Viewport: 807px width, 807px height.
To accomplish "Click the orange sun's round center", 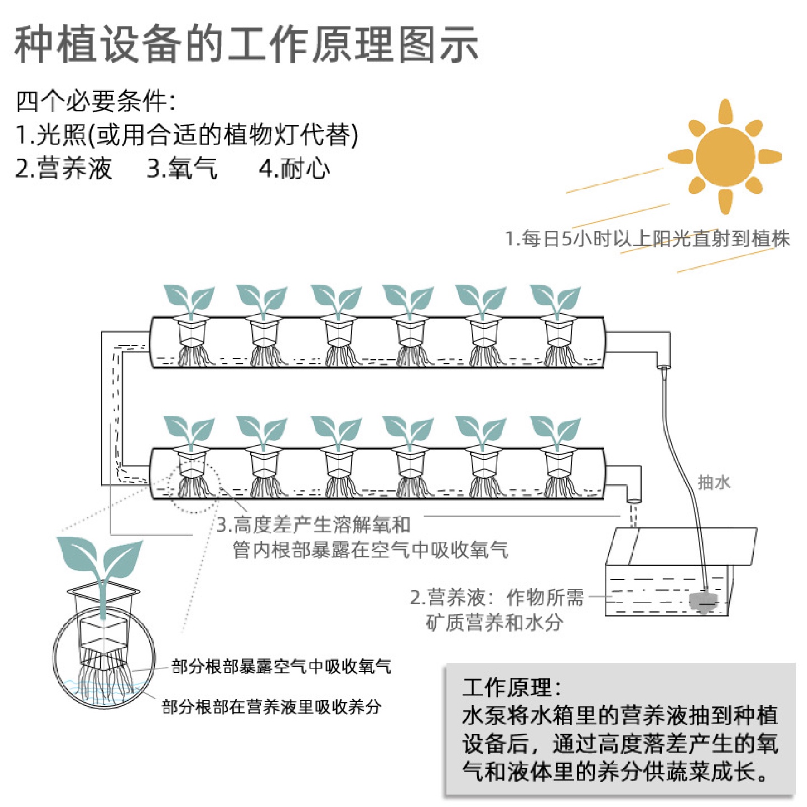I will [725, 156].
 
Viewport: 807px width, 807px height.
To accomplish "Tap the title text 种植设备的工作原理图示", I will [247, 45].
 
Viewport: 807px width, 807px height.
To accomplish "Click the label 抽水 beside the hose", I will [714, 482].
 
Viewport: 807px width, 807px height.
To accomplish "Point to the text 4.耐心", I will [294, 169].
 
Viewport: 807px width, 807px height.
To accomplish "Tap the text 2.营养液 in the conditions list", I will [64, 169].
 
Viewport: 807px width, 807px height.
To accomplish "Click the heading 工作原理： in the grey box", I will [511, 687].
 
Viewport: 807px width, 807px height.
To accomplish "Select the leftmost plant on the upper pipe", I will [189, 300].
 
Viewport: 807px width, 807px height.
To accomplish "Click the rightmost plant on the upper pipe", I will [555, 300].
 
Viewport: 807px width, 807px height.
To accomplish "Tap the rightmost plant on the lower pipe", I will [555, 432].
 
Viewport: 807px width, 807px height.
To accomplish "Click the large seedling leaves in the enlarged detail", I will [101, 560].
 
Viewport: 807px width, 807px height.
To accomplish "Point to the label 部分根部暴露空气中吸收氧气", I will [281, 666].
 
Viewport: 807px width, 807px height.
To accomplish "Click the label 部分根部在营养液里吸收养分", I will [272, 707].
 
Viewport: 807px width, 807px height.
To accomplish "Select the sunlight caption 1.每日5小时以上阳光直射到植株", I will [647, 239].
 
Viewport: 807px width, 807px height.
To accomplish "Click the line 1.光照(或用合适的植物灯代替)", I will [187, 135].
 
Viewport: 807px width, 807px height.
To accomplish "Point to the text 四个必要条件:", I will [95, 101].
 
